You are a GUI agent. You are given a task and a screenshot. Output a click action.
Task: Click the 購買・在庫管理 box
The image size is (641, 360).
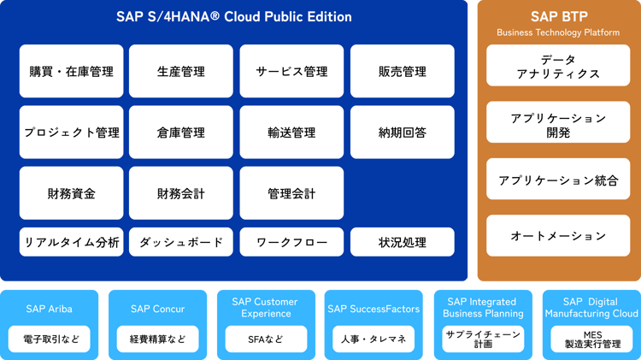[x=71, y=72]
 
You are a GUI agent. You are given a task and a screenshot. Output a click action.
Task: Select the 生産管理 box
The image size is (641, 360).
[x=181, y=72]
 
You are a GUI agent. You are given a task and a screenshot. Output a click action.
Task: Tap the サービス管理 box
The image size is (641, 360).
[x=291, y=72]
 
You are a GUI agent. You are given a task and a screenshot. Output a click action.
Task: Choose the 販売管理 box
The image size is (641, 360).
[x=402, y=72]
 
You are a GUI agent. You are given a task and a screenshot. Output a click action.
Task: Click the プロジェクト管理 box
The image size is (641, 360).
[x=71, y=133]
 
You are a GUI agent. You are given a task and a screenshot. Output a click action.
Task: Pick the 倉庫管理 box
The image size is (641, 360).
[x=181, y=133]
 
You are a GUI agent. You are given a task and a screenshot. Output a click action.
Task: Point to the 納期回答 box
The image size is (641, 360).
[x=402, y=133]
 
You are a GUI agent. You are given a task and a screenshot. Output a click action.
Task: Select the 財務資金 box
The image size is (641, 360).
[x=71, y=193]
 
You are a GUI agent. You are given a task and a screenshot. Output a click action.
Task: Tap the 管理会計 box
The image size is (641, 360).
[x=291, y=193]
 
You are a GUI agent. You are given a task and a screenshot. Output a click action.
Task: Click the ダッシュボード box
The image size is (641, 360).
[x=181, y=243]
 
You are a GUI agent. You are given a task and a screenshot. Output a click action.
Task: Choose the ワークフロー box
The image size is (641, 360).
[x=291, y=243]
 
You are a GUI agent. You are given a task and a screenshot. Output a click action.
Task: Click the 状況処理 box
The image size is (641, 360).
[x=402, y=243]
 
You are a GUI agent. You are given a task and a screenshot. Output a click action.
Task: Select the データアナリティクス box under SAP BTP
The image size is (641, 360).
[x=558, y=67]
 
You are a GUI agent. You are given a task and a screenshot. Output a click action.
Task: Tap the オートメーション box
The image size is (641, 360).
[x=558, y=236]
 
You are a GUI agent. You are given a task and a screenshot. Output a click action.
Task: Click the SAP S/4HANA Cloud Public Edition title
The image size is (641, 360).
[x=233, y=17]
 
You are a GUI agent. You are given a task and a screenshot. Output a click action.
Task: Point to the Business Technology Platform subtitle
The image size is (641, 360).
[x=558, y=32]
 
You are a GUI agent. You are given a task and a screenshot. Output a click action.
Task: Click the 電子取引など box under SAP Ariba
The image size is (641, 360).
[x=49, y=339]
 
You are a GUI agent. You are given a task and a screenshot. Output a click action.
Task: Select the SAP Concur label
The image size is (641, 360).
[x=157, y=309]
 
